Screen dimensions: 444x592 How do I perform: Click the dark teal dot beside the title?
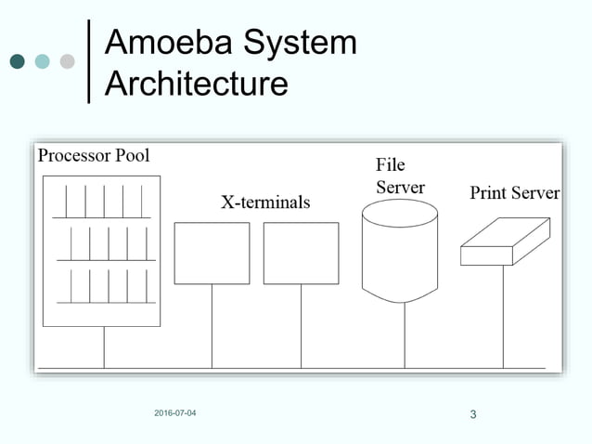(x=17, y=62)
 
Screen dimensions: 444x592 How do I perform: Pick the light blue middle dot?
(x=42, y=62)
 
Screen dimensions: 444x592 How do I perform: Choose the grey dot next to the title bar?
(x=67, y=62)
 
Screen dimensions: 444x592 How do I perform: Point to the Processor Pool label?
(x=93, y=155)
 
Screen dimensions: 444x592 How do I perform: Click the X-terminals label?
(x=264, y=202)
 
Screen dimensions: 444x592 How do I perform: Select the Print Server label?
(x=514, y=193)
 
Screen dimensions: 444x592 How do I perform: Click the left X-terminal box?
(x=212, y=253)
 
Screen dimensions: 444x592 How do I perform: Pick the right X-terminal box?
(x=301, y=253)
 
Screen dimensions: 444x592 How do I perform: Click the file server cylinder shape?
(x=399, y=251)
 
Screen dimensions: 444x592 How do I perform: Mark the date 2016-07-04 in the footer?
(x=175, y=412)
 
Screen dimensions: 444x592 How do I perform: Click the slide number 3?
(x=473, y=413)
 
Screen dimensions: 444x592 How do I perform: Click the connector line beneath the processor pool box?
(x=104, y=347)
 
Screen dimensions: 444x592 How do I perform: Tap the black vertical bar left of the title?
(x=89, y=61)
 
